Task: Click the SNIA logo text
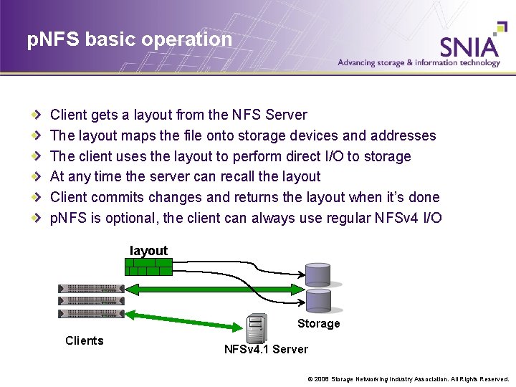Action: [469, 46]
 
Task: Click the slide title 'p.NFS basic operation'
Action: [130, 39]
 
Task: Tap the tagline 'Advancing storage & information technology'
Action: [419, 63]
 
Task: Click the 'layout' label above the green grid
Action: [148, 251]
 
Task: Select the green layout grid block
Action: [148, 267]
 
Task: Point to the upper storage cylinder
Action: [317, 274]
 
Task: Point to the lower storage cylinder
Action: [317, 300]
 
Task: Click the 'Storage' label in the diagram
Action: [318, 324]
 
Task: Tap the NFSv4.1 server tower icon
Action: [256, 329]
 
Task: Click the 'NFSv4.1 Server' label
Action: [266, 350]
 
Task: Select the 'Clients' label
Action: [85, 340]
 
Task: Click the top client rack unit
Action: [90, 288]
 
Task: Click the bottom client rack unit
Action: [90, 314]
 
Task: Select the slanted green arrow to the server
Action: [186, 321]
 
